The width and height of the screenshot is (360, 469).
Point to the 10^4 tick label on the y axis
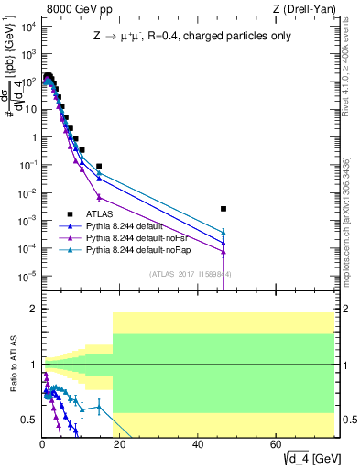[28, 26]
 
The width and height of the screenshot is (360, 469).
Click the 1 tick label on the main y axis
[33, 137]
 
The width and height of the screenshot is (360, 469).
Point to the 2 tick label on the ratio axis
[33, 310]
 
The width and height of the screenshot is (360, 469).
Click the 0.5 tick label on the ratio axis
[29, 420]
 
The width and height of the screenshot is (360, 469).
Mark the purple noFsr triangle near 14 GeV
[99, 196]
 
